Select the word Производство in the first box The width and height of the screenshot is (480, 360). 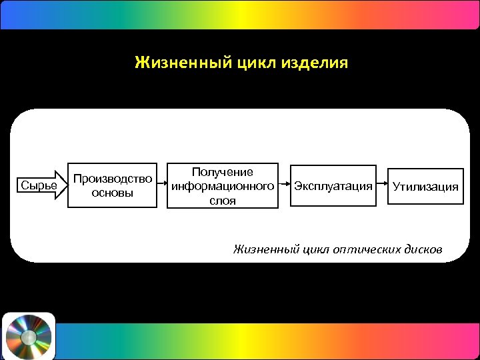(x=113, y=179)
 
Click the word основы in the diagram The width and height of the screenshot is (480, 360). (x=113, y=193)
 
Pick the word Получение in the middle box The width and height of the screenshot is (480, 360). (x=222, y=172)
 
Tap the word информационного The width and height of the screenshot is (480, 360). (x=222, y=185)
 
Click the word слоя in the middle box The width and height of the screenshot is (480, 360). (x=222, y=199)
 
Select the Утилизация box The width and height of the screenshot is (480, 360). (x=425, y=186)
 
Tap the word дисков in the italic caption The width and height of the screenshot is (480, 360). (x=423, y=249)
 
